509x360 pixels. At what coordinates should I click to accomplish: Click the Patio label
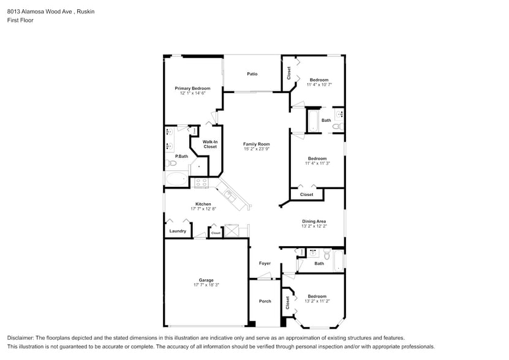[x=252, y=74]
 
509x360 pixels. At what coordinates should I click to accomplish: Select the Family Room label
[x=256, y=144]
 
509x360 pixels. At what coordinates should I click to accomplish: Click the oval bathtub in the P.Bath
[x=177, y=179]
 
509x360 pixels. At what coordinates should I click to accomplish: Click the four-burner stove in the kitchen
[x=202, y=182]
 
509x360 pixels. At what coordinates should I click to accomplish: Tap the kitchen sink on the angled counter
[x=230, y=195]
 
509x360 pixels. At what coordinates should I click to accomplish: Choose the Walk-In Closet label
[x=210, y=144]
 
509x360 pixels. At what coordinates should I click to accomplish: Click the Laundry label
[x=178, y=231]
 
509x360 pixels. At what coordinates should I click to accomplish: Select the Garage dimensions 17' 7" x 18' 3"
[x=205, y=285]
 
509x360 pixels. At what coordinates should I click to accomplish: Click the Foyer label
[x=264, y=263]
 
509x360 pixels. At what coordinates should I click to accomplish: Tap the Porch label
[x=265, y=301]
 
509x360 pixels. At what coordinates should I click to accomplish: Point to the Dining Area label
[x=314, y=221]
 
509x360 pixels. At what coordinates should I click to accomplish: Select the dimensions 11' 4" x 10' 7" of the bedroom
[x=319, y=85]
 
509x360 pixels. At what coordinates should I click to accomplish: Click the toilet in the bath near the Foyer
[x=326, y=253]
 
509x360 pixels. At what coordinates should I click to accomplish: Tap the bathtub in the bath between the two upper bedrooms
[x=312, y=120]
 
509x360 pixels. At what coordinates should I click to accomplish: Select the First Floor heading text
[x=20, y=20]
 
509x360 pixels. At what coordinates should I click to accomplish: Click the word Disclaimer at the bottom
[x=21, y=338]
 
